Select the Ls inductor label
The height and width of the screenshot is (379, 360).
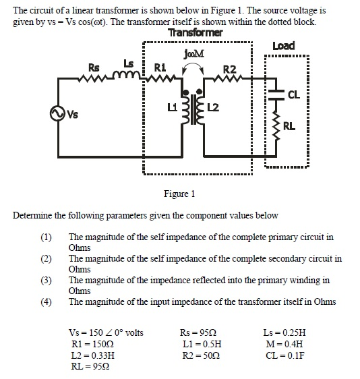128,63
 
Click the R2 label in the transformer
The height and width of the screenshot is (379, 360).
230,69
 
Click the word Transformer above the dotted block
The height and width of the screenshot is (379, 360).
195,33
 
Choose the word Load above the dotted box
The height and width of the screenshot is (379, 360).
283,46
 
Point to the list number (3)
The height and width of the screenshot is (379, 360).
46,280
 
